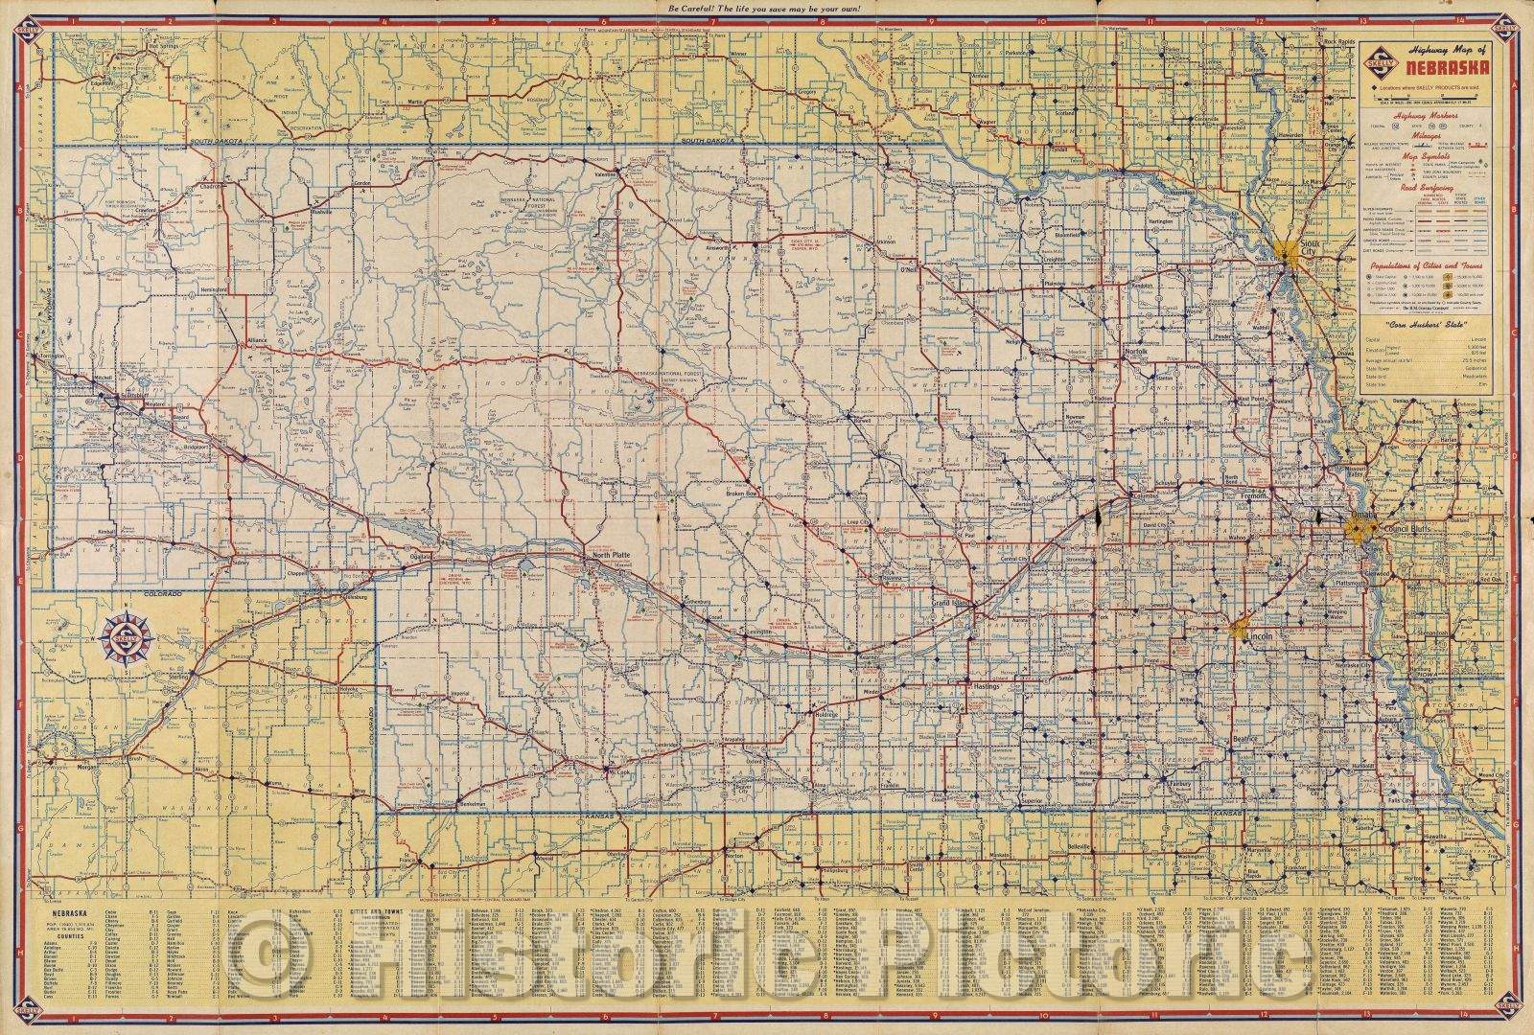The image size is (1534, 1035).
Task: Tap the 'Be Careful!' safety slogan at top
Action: pyautogui.click(x=767, y=9)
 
